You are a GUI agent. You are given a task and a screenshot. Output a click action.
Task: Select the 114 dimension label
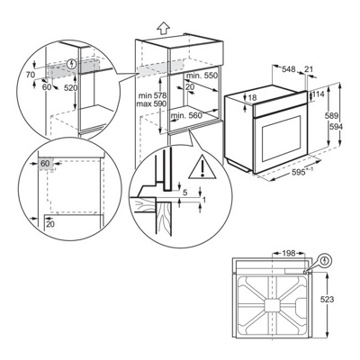coord(318,94)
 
